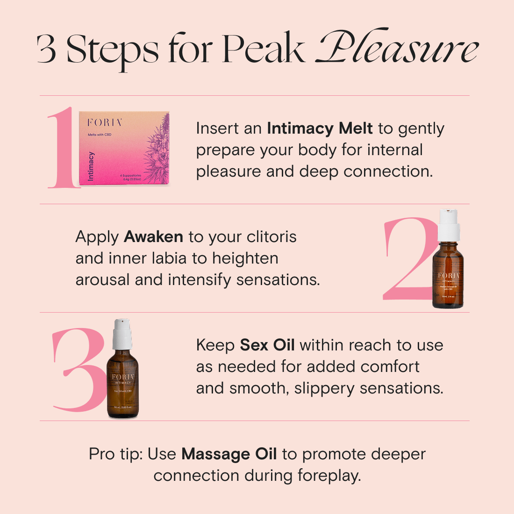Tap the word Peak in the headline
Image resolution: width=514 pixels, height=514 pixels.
tap(263, 49)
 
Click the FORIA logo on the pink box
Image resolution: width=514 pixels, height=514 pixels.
tap(105, 122)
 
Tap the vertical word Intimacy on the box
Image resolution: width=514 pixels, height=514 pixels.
tap(91, 166)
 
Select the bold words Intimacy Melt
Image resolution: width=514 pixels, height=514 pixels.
tap(320, 128)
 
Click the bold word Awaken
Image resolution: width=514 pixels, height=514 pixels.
tap(153, 236)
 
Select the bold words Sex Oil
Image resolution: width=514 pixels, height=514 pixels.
tap(267, 345)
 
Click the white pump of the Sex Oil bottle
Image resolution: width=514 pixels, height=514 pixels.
tap(122, 333)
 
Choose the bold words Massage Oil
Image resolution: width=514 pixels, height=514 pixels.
tap(229, 454)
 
